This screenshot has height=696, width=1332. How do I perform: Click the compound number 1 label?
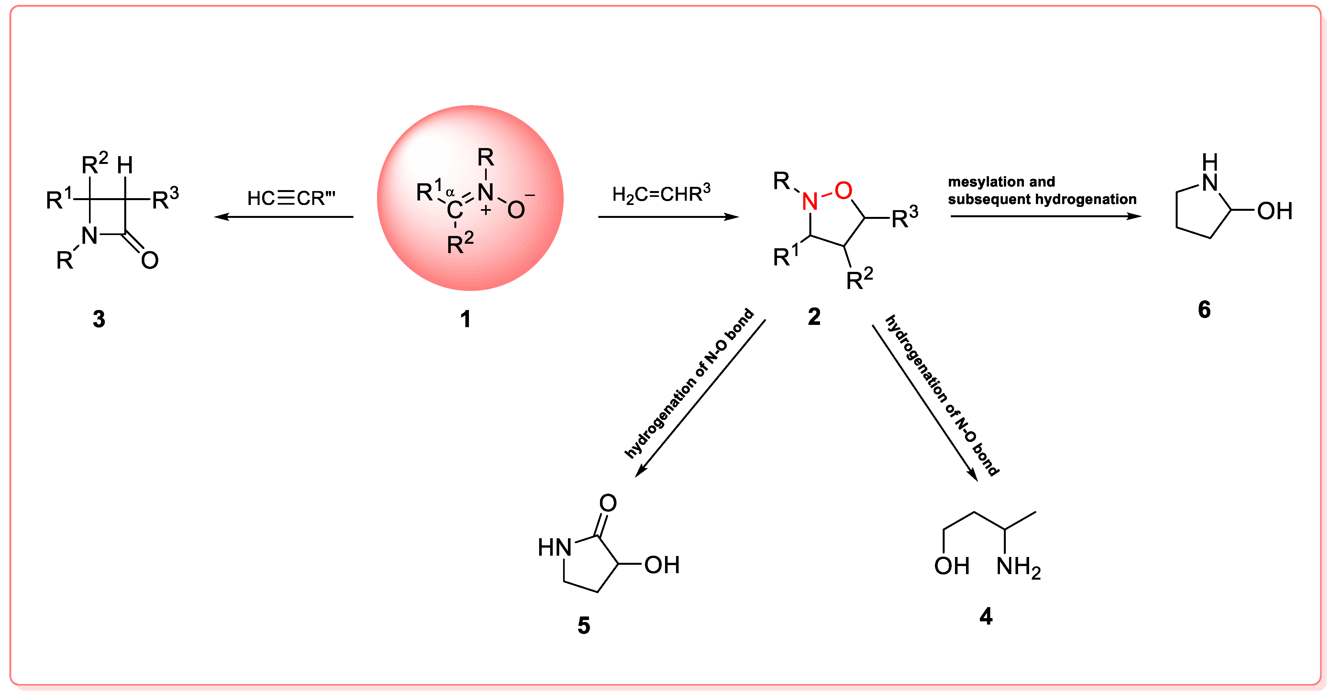(465, 319)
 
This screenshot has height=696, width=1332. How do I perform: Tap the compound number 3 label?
(99, 319)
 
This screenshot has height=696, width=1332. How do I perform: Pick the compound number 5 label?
(584, 626)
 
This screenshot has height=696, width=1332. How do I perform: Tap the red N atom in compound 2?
(810, 201)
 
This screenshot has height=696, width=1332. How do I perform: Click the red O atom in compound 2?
(843, 191)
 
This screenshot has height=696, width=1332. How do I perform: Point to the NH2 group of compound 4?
(1018, 567)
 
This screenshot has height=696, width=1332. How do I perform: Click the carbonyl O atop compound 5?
(608, 503)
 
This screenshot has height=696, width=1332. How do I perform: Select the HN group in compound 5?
(554, 548)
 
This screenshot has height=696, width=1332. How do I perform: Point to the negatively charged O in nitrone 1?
(516, 209)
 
